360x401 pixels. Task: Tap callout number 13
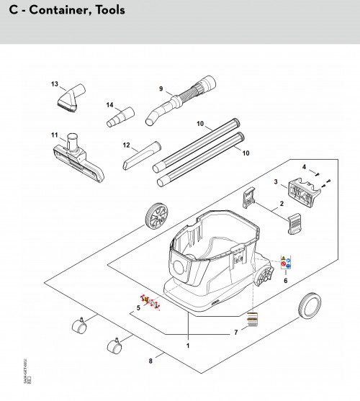tap(54, 84)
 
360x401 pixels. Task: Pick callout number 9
tap(161, 89)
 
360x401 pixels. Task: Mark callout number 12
tap(125, 145)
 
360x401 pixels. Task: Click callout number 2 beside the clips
tap(282, 204)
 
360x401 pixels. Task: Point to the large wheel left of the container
tap(156, 215)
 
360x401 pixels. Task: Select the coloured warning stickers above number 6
tap(284, 265)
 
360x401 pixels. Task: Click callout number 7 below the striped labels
tap(235, 333)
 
